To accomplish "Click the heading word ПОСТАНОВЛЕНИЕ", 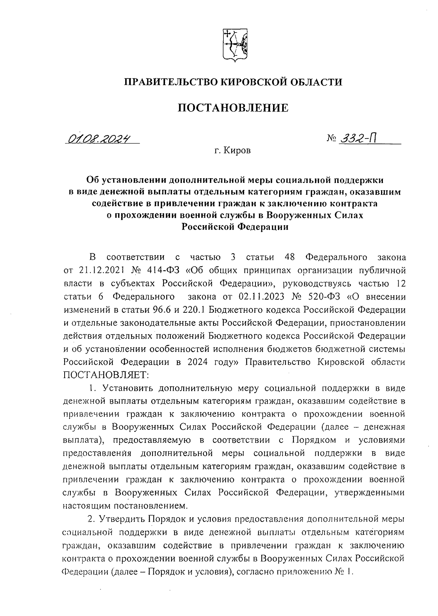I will (233, 108).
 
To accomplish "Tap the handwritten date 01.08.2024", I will (99, 139).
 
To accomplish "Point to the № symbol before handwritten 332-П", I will (331, 139).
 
